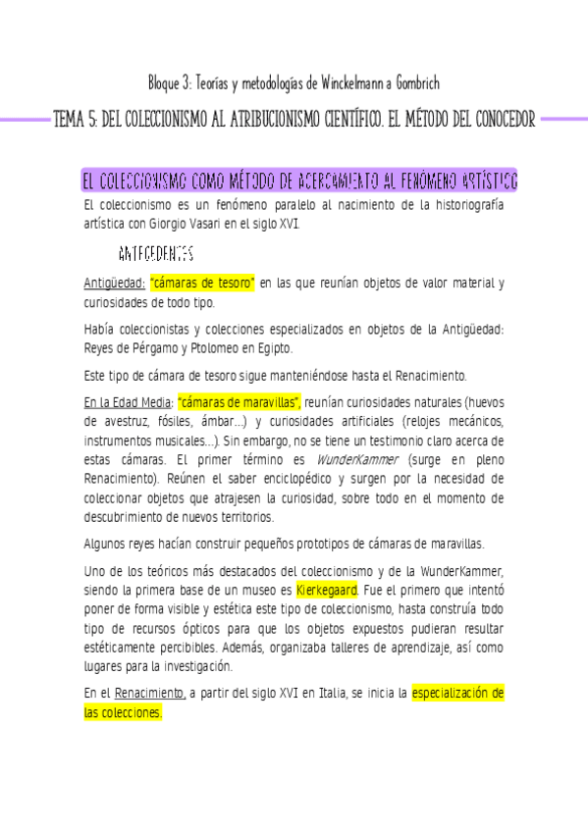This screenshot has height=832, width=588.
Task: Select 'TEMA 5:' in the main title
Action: (78, 120)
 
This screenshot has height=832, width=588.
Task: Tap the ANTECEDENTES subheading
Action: (154, 255)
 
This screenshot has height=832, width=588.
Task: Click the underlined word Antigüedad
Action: (114, 284)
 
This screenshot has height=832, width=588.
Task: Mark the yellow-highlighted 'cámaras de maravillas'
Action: (240, 402)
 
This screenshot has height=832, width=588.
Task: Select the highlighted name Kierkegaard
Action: (326, 592)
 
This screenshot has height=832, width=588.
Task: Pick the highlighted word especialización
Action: (452, 695)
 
